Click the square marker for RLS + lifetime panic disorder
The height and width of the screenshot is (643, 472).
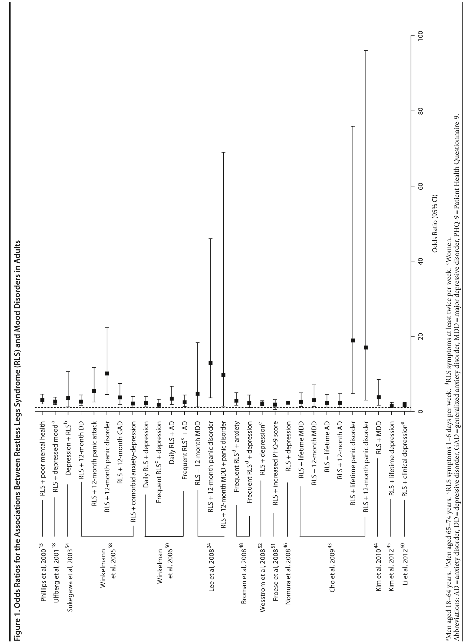point(353,341)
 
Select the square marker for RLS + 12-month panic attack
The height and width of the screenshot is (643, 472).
point(94,391)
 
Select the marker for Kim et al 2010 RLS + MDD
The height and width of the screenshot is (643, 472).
point(378,397)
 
